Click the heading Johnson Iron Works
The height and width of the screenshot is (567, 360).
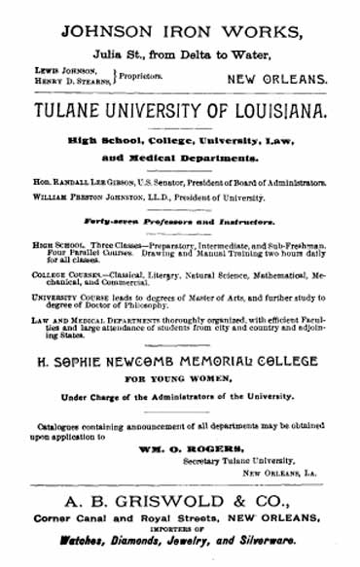tap(179, 30)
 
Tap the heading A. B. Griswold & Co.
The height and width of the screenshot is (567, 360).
tap(179, 503)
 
